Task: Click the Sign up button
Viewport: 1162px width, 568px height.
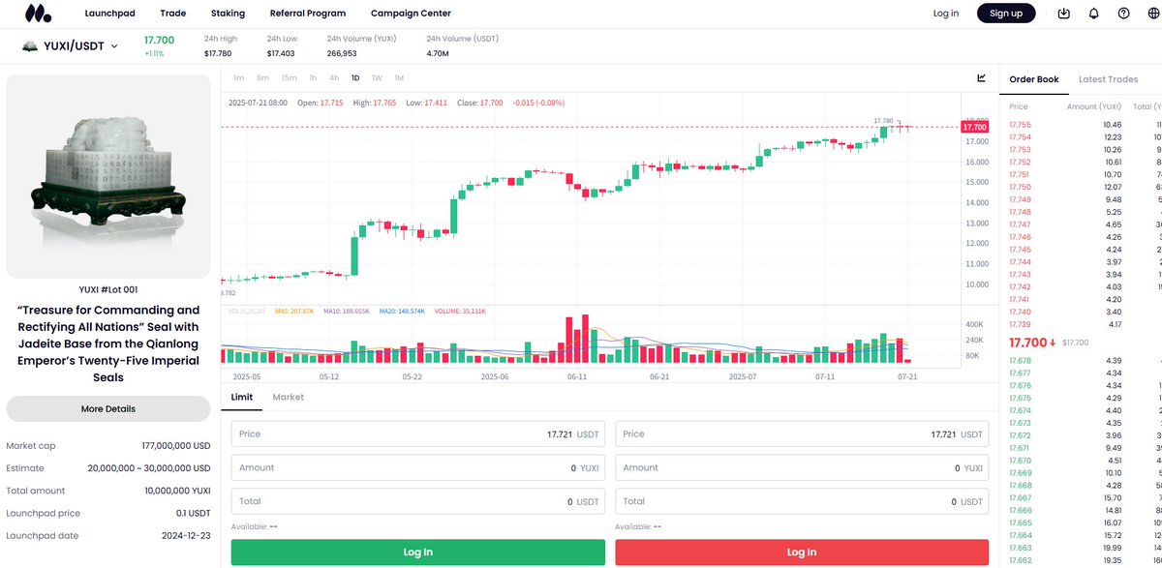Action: tap(1006, 14)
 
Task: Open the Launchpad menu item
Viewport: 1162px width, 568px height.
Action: tap(109, 14)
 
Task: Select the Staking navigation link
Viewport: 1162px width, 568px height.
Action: tap(228, 14)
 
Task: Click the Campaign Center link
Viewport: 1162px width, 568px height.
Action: tap(411, 14)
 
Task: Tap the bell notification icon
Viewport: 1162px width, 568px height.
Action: tap(1093, 14)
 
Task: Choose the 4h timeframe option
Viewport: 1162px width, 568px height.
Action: tap(334, 77)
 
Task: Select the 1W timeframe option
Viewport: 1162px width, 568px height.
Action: tap(377, 77)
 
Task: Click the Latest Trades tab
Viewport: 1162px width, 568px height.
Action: tap(1108, 79)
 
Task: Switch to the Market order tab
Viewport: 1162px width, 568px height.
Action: tap(288, 397)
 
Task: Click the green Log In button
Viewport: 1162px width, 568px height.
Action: tap(418, 552)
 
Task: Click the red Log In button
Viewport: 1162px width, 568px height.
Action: tap(802, 552)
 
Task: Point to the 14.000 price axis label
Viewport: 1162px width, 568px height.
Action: tap(976, 202)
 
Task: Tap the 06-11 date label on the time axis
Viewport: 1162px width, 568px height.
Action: tap(577, 376)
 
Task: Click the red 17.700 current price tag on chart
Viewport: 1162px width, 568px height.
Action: tap(975, 127)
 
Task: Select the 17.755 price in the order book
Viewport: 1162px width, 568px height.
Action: tap(1020, 124)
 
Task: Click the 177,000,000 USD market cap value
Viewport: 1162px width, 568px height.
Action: tap(175, 446)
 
